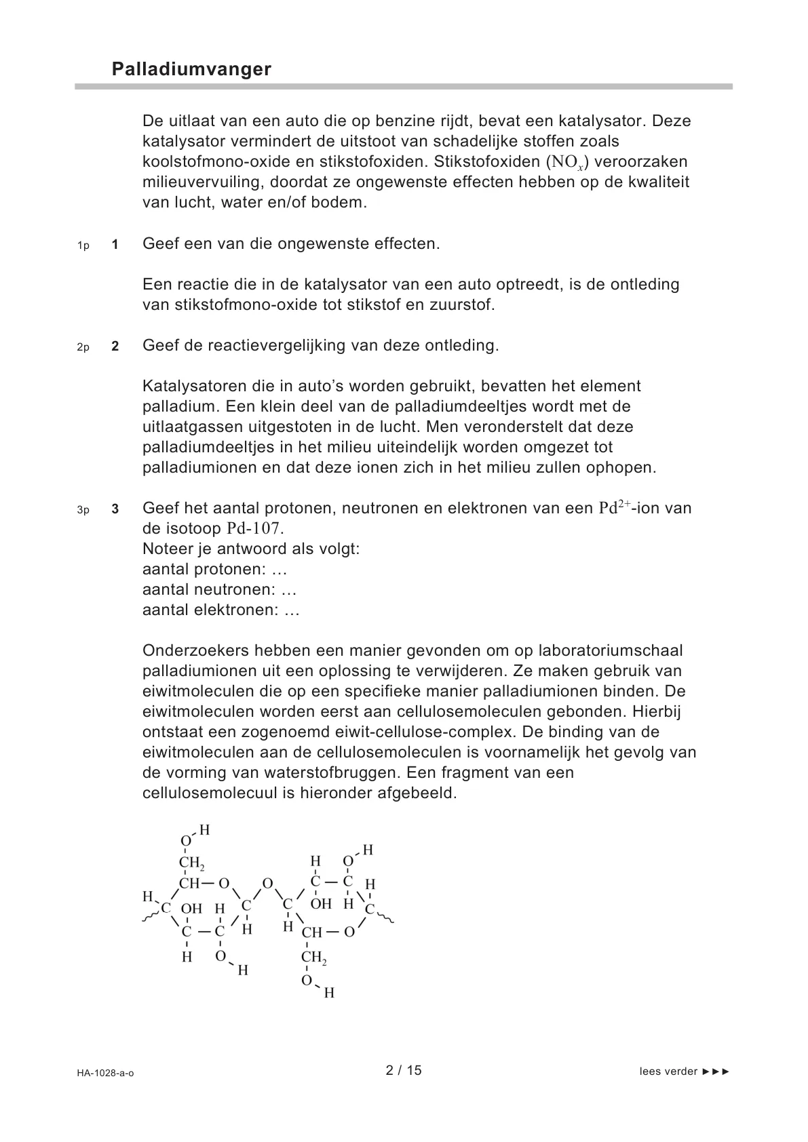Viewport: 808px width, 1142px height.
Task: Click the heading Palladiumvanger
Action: [x=191, y=69]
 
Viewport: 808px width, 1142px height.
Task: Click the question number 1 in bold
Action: [x=115, y=245]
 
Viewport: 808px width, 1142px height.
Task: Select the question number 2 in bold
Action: [x=115, y=347]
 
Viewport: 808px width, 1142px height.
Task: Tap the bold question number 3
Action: [x=115, y=509]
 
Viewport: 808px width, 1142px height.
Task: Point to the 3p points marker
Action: [x=83, y=510]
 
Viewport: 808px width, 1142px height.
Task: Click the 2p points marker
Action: [x=83, y=347]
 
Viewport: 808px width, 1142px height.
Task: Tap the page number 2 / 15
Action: [x=404, y=1070]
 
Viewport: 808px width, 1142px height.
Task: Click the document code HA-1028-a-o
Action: [x=105, y=1073]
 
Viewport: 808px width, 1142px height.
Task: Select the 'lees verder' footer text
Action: [x=668, y=1071]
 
